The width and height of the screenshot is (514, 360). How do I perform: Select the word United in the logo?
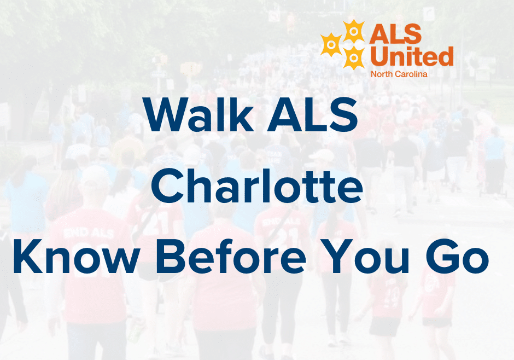coord(412,56)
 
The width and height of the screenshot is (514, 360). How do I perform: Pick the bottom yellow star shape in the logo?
coord(354,56)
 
